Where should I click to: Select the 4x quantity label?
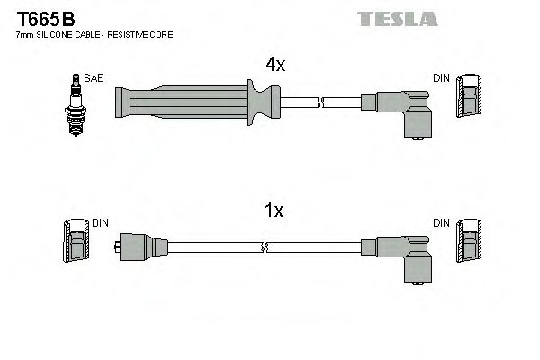275,65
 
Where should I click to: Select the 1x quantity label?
275,211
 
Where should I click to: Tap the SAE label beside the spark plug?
94,79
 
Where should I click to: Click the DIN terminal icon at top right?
468,96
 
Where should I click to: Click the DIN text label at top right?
441,79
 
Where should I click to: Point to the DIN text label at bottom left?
100,221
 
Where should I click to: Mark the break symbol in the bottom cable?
262,246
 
